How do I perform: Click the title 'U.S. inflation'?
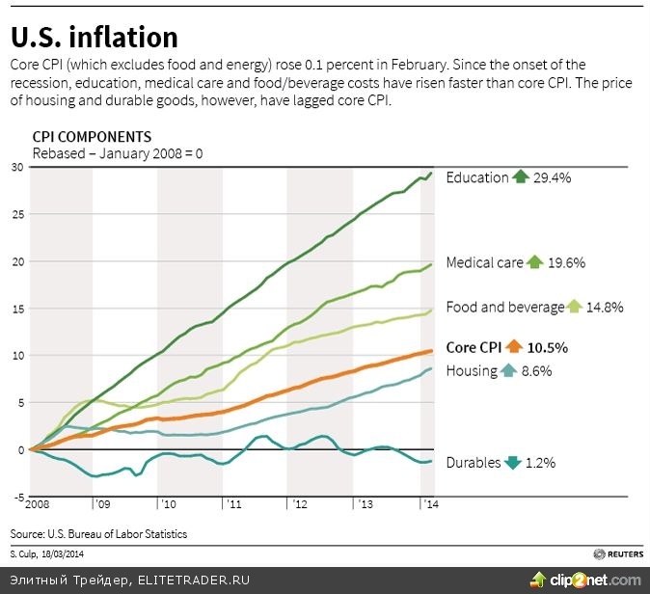95,37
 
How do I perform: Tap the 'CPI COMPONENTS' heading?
92,137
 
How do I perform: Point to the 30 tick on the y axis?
16,167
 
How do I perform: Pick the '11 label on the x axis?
233,504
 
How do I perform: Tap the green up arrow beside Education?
522,176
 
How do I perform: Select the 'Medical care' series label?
484,262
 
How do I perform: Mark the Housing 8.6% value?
538,370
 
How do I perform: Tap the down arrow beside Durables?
514,463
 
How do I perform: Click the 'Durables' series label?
474,463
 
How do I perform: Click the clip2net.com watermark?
591,579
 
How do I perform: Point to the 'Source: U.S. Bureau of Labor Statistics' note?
98,533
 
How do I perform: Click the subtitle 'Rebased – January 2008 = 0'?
118,152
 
